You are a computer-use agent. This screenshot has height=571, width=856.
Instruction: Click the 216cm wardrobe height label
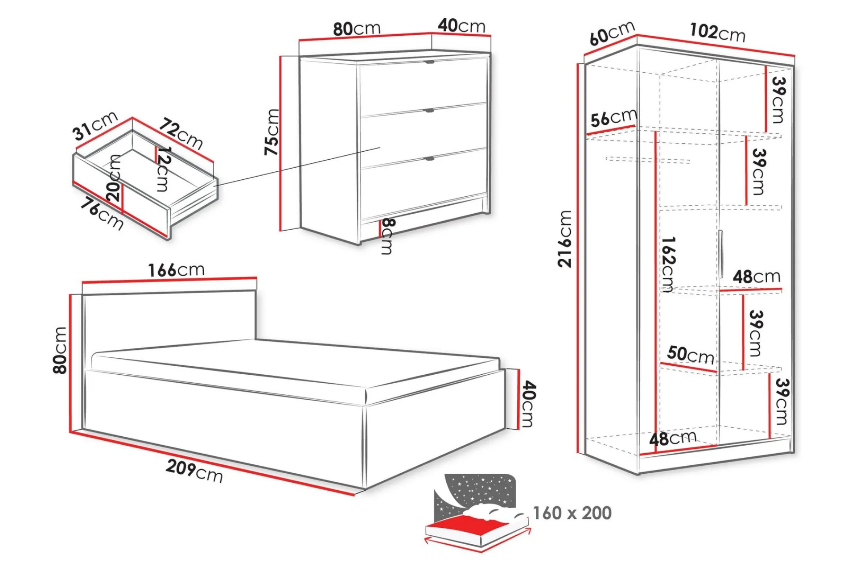[x=564, y=239]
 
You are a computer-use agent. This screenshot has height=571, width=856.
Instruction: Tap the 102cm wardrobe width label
[x=717, y=32]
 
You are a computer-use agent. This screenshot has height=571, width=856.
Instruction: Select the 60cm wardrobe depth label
[x=612, y=33]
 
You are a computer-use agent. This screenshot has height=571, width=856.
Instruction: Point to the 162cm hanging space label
[x=668, y=264]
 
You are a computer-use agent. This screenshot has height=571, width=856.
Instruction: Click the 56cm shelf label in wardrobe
[x=614, y=118]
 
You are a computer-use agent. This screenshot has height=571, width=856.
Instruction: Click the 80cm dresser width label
[x=357, y=29]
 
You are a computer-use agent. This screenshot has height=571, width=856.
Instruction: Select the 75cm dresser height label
[x=272, y=132]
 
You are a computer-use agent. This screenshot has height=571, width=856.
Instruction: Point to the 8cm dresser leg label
[x=387, y=236]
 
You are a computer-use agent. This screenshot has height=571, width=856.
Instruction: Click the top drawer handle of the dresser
[x=429, y=62]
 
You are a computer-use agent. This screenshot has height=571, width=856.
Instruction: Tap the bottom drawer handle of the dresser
[x=429, y=158]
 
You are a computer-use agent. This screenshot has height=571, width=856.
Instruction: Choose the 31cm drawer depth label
[x=95, y=126]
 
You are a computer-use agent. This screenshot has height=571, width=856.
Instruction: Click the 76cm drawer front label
[x=102, y=215]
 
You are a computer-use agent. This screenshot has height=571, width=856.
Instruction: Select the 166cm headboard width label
[x=176, y=270]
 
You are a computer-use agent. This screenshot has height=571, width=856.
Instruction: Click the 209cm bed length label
[x=194, y=471]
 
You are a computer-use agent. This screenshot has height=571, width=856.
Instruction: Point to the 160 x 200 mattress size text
[x=572, y=513]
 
